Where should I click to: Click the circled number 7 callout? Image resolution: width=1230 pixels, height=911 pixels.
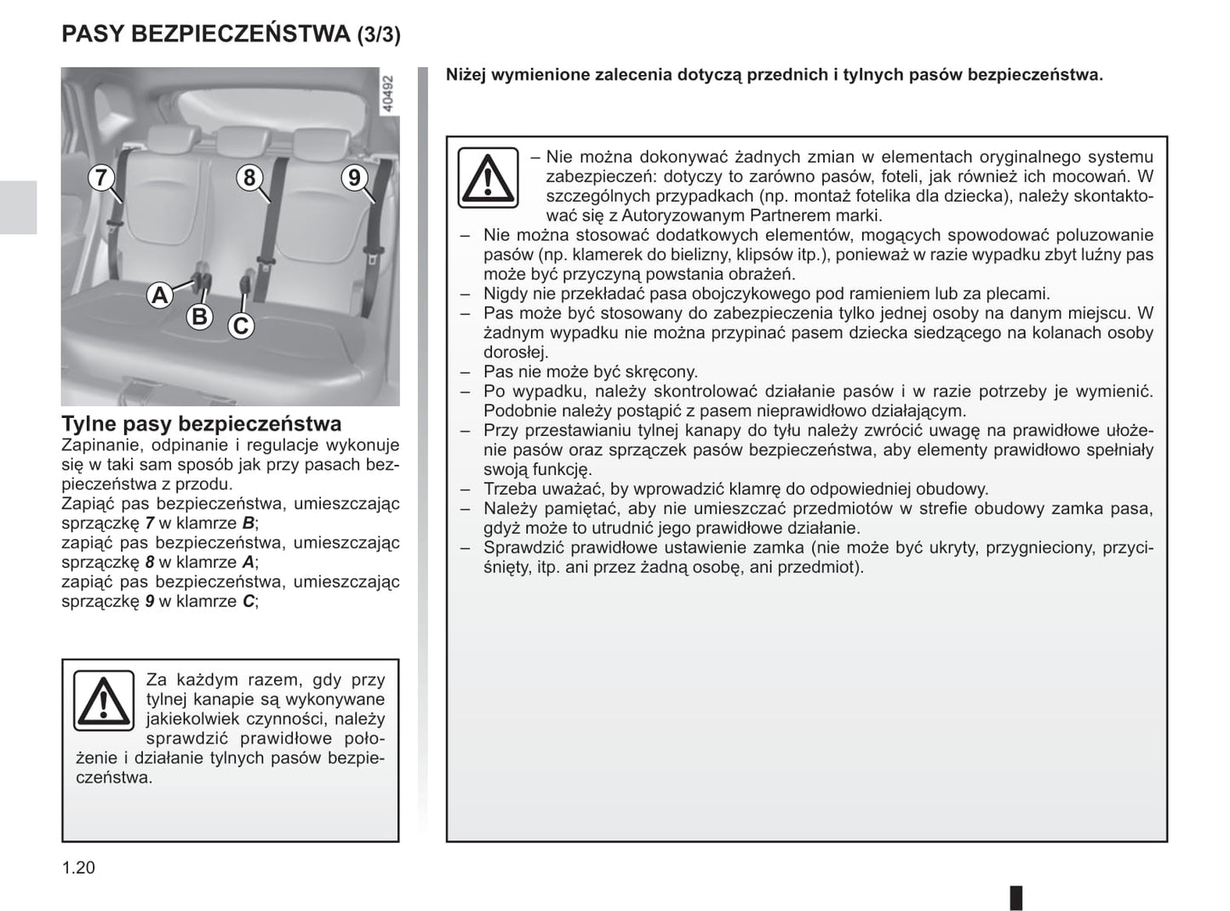click(101, 178)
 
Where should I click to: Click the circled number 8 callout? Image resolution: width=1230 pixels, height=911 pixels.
click(249, 177)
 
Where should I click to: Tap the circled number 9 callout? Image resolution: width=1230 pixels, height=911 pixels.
click(354, 177)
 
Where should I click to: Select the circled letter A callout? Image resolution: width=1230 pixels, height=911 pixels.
click(159, 295)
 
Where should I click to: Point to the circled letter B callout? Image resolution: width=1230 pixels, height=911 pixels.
click(199, 317)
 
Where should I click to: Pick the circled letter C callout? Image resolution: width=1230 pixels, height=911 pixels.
click(241, 325)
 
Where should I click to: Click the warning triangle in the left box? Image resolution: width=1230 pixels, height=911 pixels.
click(103, 701)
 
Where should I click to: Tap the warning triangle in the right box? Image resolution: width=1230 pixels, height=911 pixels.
click(488, 177)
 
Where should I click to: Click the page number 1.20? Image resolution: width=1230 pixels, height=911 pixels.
click(78, 868)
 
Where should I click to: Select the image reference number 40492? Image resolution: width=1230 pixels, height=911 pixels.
click(388, 95)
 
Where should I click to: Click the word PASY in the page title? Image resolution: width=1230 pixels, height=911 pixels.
click(94, 34)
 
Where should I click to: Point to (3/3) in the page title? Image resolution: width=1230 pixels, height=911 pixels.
click(378, 35)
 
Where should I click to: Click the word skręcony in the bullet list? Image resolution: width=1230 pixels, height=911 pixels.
click(664, 372)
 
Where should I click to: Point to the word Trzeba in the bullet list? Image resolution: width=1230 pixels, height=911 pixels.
click(510, 490)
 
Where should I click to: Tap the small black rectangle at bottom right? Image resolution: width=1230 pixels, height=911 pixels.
click(1015, 897)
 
